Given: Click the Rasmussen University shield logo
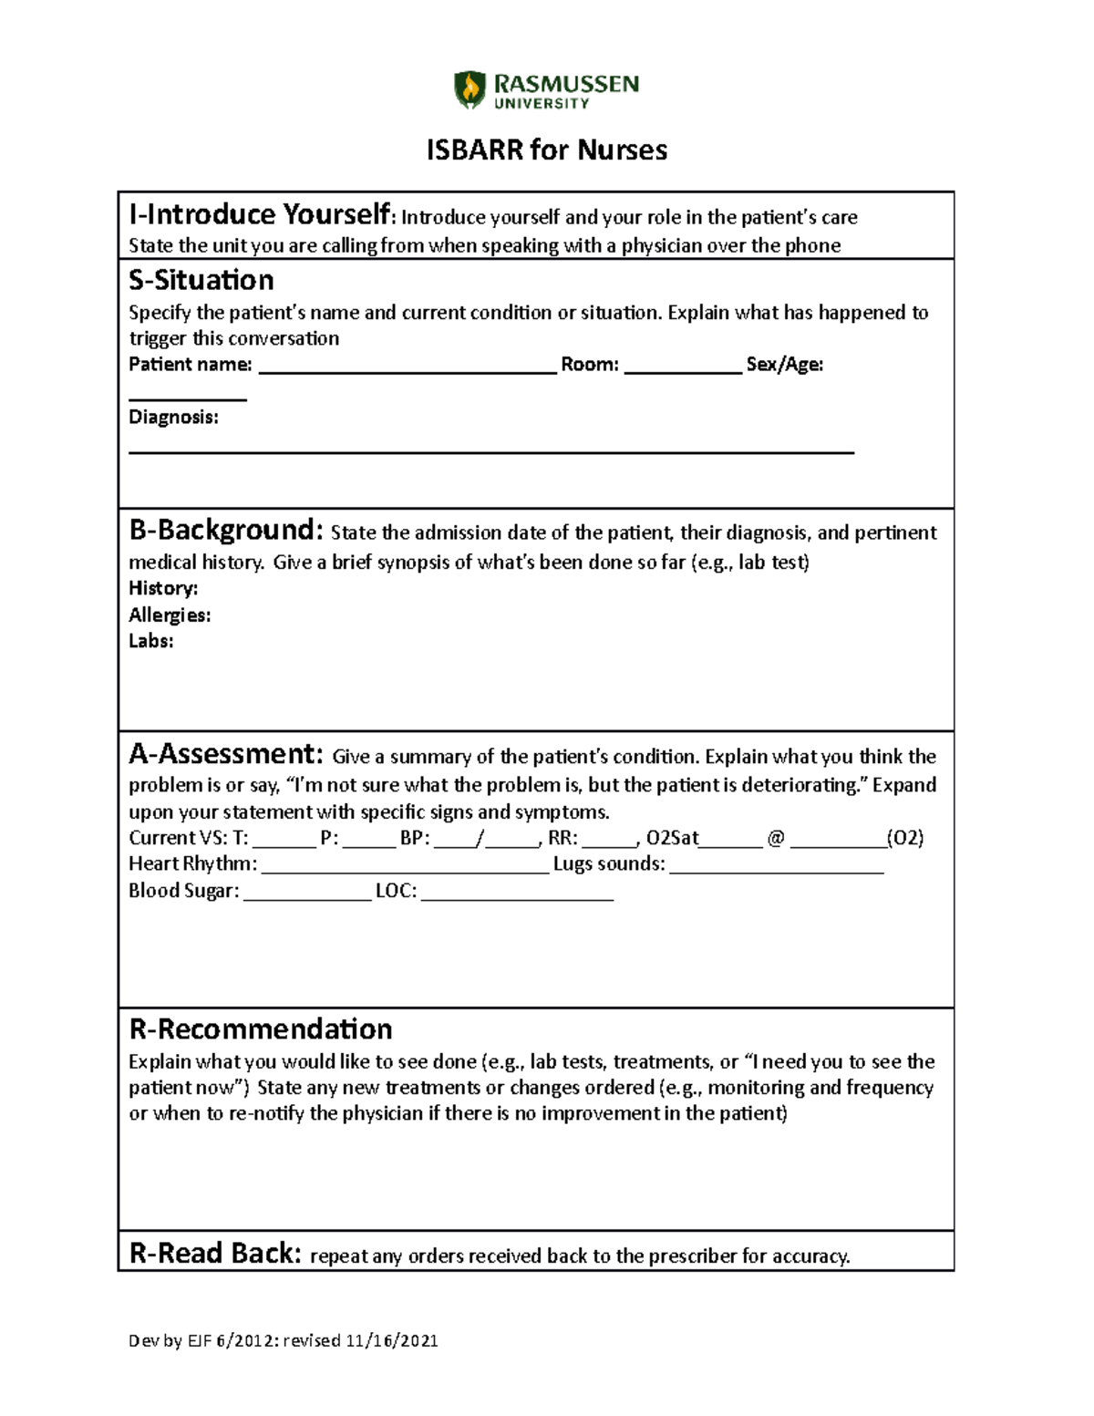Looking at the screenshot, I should [x=470, y=90].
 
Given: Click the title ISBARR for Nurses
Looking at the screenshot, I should [x=546, y=150].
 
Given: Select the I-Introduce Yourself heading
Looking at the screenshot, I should [x=260, y=215].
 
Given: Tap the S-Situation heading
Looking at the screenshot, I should [x=201, y=280].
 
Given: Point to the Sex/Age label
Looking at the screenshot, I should [x=784, y=365].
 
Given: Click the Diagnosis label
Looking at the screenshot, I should [x=173, y=418].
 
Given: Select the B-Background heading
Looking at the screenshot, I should [x=225, y=530].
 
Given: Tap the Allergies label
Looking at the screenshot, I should [x=170, y=615].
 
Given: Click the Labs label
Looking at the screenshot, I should [x=150, y=641].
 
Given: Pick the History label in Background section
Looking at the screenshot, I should [x=163, y=588].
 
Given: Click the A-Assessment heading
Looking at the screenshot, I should [x=225, y=754].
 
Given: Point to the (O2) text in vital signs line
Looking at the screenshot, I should [x=905, y=838].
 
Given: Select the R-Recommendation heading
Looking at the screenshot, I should [x=261, y=1029].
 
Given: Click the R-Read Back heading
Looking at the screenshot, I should [x=214, y=1253].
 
